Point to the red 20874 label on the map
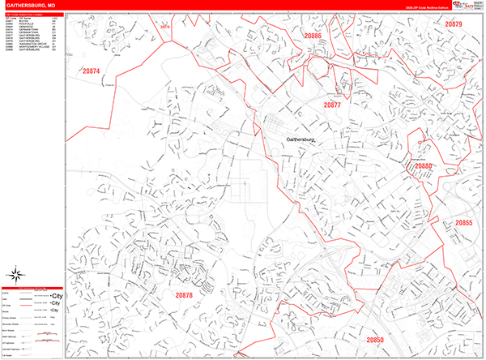(x=91, y=71)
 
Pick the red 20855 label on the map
(x=463, y=222)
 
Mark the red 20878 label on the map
(x=184, y=296)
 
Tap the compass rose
(x=13, y=273)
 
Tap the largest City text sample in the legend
(x=56, y=296)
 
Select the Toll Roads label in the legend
(x=7, y=354)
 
